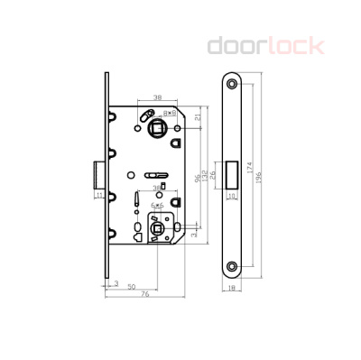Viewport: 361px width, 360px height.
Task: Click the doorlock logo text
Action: (264, 46)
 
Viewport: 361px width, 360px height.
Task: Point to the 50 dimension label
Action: (133, 287)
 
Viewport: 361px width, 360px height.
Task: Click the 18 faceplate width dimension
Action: (234, 288)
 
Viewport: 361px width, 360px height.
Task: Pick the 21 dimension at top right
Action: (198, 116)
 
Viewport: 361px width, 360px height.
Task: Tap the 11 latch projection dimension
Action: (97, 192)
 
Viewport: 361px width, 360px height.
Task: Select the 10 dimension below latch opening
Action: (233, 192)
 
